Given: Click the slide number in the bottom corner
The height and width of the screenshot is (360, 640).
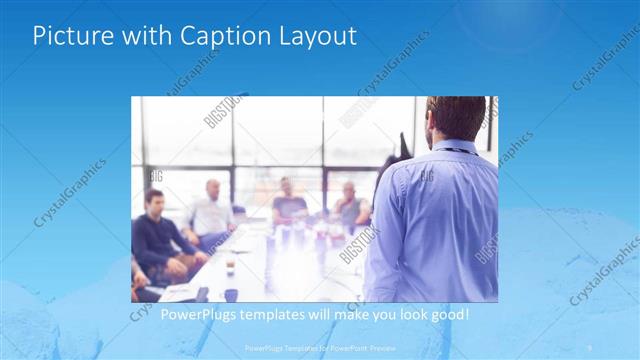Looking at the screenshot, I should coord(589,347).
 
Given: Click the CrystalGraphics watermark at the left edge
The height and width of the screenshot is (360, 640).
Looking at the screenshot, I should coord(69,191).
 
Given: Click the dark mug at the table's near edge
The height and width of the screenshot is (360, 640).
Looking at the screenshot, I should coord(231,294).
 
